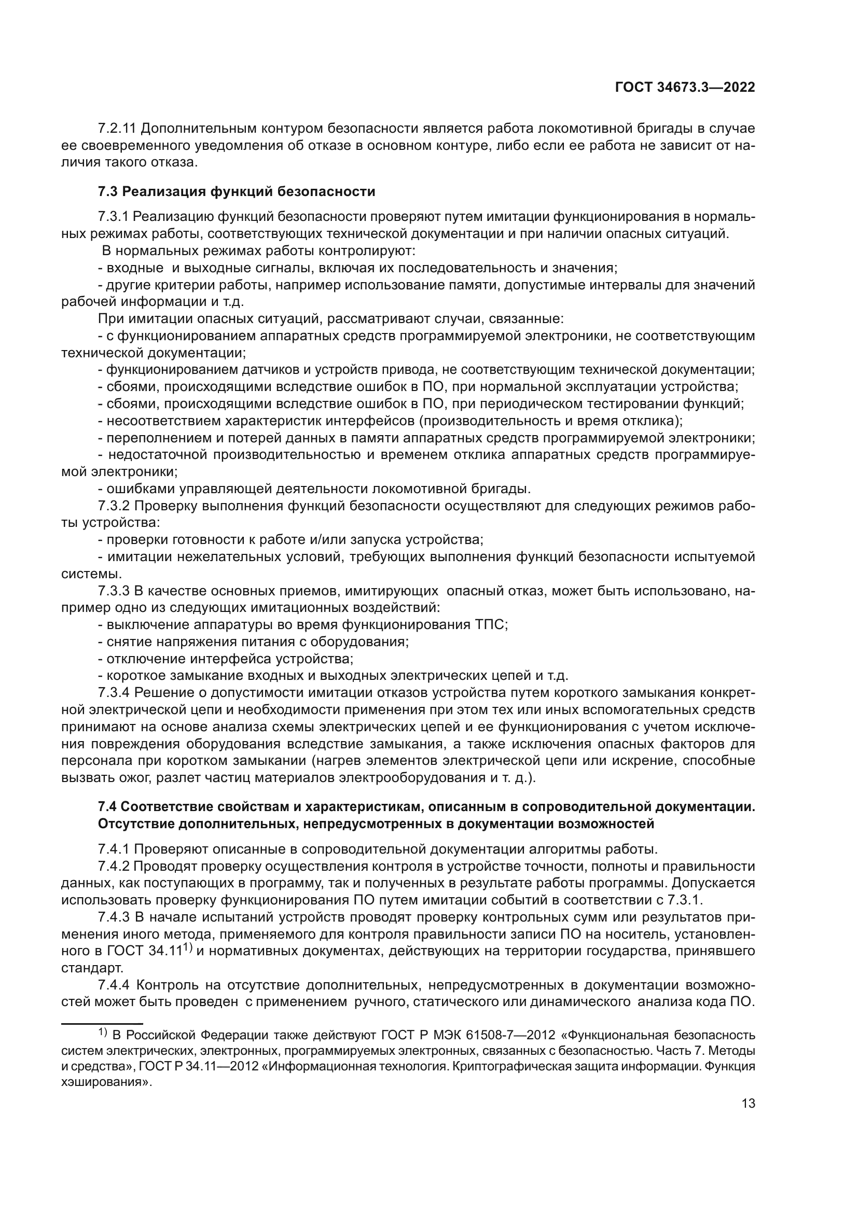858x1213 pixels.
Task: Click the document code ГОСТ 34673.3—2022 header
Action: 685,88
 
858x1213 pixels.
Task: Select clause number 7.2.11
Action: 117,129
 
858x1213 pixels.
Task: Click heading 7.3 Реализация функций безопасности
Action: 236,191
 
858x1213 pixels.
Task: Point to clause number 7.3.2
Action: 114,506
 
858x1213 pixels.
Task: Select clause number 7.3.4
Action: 114,692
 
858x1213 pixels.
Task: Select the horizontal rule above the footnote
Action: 102,1023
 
